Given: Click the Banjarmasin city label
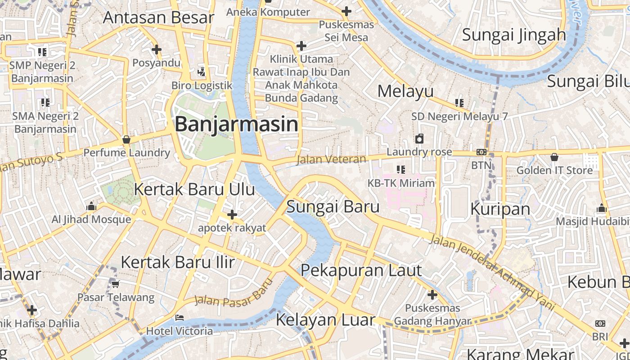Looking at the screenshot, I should pyautogui.click(x=236, y=124).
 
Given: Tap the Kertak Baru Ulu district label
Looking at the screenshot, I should pyautogui.click(x=194, y=189).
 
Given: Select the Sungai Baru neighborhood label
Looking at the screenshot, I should pyautogui.click(x=333, y=207).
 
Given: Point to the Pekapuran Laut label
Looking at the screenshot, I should pyautogui.click(x=361, y=271).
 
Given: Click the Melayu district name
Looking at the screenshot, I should pyautogui.click(x=405, y=91).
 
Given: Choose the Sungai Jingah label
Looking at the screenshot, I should pyautogui.click(x=513, y=35).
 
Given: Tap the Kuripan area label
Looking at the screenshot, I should pyautogui.click(x=500, y=209).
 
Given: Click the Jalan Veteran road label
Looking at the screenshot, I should pyautogui.click(x=331, y=159).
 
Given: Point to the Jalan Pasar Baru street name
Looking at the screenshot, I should pyautogui.click(x=234, y=292).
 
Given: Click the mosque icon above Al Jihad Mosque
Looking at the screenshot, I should pyautogui.click(x=91, y=207).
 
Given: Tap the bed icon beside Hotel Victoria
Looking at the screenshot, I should pyautogui.click(x=179, y=318).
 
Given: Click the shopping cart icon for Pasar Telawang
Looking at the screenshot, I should pyautogui.click(x=115, y=284).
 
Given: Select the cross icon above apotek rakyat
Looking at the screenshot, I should pyautogui.click(x=232, y=215).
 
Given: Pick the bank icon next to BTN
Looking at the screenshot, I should pyautogui.click(x=481, y=153).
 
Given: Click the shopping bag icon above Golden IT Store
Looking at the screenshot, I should pyautogui.click(x=554, y=157).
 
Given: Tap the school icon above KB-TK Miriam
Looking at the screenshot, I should pyautogui.click(x=400, y=170).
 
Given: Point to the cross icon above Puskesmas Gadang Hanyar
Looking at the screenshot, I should pyautogui.click(x=432, y=295).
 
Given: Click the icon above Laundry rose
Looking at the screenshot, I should pyautogui.click(x=419, y=139).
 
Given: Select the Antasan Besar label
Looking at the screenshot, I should pyautogui.click(x=158, y=18).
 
